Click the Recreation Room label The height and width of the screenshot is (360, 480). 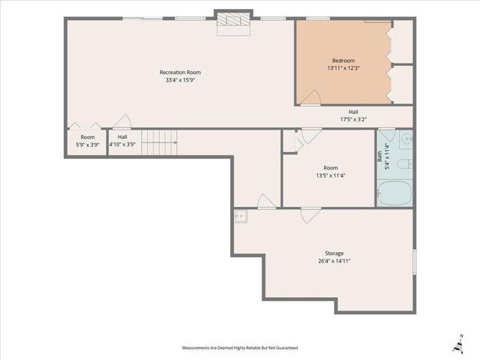[x=180, y=73]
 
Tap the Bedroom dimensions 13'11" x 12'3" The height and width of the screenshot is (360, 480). [x=343, y=68]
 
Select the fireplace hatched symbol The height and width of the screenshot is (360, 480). [x=233, y=19]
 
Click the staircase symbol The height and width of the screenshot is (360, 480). [x=159, y=142]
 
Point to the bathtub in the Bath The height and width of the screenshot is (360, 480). [x=394, y=193]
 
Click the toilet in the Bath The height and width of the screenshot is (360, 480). [x=405, y=163]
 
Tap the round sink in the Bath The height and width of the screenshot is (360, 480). [x=406, y=139]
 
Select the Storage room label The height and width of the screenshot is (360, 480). [x=334, y=253]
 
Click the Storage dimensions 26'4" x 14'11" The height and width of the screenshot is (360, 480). [x=334, y=261]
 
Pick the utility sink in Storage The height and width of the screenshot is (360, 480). [x=241, y=217]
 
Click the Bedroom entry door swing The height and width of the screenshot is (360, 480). [x=310, y=97]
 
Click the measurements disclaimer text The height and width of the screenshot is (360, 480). [x=240, y=348]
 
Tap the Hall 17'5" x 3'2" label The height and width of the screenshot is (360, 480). [x=353, y=115]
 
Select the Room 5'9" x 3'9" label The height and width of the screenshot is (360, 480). [x=88, y=141]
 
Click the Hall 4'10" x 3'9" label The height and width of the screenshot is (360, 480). [x=122, y=140]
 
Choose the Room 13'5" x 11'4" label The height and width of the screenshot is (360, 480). [x=331, y=172]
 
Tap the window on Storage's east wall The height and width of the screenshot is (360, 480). [x=415, y=262]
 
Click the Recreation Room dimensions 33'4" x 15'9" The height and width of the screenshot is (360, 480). [x=180, y=80]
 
